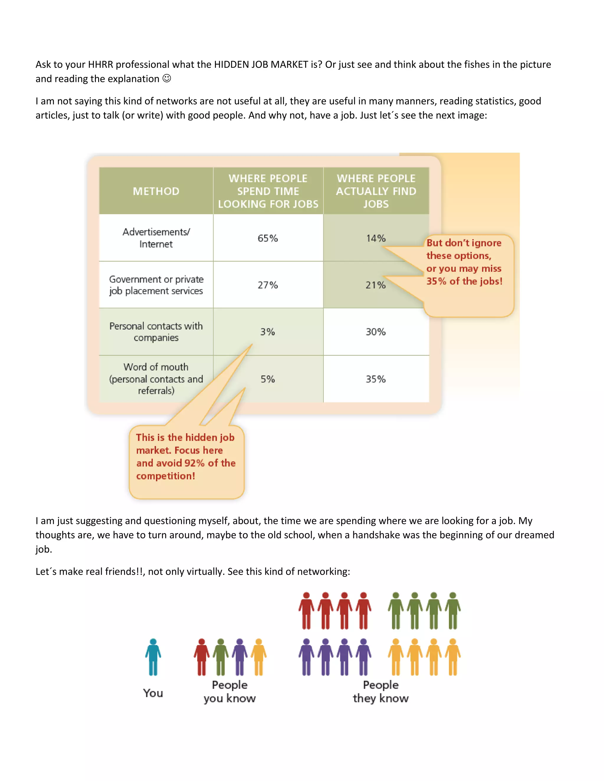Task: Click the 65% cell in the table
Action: pos(268,238)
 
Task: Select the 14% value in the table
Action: pos(376,238)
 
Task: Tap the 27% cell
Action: pos(268,285)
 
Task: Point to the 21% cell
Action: pos(375,285)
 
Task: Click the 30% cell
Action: pos(376,332)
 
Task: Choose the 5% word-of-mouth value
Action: pos(268,379)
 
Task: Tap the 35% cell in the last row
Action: pos(376,379)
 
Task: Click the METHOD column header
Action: pos(156,191)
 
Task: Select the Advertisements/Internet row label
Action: pos(156,238)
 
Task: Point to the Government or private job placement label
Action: pos(156,285)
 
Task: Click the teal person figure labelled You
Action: pos(153,657)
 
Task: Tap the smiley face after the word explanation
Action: pos(167,78)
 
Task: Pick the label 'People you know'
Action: pos(230,691)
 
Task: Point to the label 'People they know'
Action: pos(381,691)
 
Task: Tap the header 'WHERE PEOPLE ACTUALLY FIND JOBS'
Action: pos(376,191)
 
